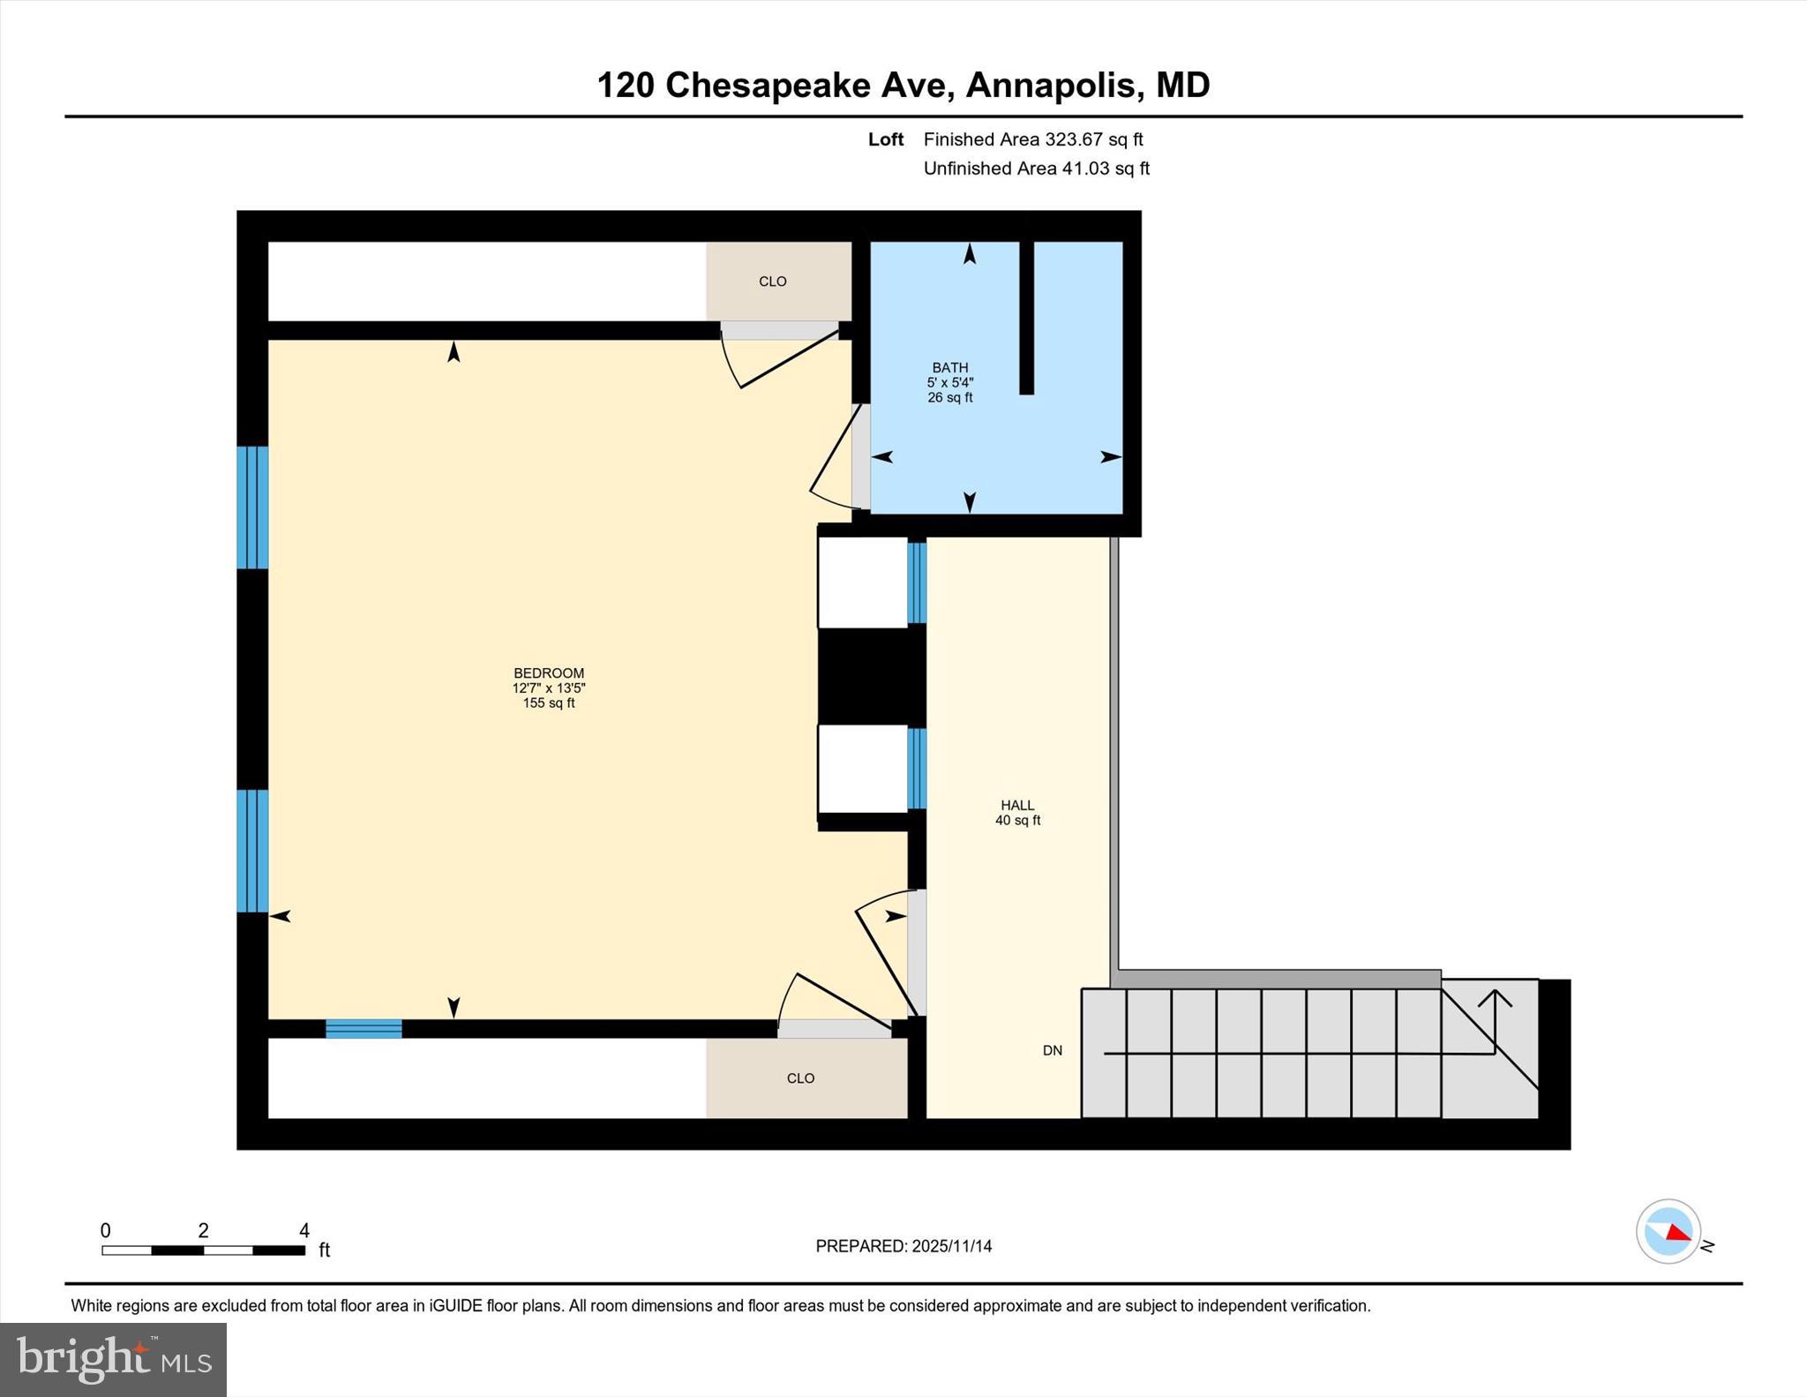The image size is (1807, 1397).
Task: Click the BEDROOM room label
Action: pos(549,673)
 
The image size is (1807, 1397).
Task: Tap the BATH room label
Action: pos(950,367)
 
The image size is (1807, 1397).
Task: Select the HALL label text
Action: pos(1017,805)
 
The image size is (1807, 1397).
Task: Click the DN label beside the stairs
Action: pos(1053,1050)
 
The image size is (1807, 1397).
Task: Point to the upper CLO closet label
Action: pos(773,282)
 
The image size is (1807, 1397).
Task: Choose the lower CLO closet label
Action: pos(800,1078)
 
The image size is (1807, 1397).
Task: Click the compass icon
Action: pos(1668,1231)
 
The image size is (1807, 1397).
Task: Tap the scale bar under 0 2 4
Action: pos(203,1251)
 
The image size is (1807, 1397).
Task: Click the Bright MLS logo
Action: pos(114,1359)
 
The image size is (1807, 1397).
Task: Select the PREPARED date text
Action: pos(903,1246)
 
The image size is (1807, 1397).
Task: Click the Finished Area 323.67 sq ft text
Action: pos(1032,139)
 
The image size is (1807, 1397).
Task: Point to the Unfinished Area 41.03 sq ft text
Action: pos(1036,169)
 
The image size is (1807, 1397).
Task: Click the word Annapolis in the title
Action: pos(1052,86)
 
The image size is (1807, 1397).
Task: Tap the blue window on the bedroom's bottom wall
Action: pos(364,1028)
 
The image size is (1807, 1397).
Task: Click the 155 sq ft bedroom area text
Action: pos(549,703)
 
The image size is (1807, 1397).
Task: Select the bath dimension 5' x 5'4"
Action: pos(950,382)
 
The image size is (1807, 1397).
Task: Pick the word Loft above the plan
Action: pos(885,139)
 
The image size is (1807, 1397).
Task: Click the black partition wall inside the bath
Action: pos(1026,318)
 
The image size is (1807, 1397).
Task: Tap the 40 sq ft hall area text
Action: pos(1017,821)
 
